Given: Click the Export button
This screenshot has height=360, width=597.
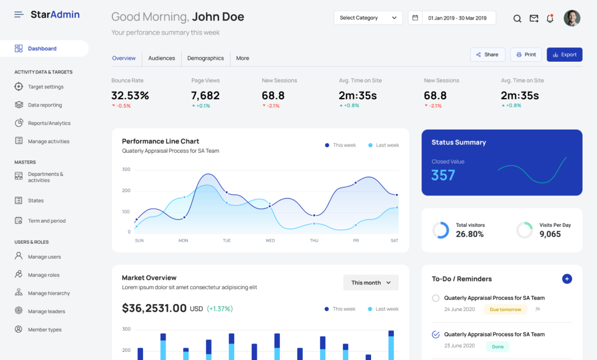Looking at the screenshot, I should click(564, 55).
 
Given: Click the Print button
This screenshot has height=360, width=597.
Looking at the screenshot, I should click(526, 55).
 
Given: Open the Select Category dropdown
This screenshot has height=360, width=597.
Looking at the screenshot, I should click(368, 18).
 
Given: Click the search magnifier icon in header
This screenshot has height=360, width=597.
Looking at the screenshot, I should click(517, 19).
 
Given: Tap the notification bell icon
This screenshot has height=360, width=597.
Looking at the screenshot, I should click(550, 19).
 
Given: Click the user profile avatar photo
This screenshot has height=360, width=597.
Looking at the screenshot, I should click(572, 19).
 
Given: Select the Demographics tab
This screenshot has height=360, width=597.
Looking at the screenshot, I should click(205, 58).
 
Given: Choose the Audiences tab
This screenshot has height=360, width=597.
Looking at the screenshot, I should click(162, 58).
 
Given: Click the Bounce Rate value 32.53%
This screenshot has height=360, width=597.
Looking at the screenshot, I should click(130, 96).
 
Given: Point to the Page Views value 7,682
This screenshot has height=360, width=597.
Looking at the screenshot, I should click(205, 96).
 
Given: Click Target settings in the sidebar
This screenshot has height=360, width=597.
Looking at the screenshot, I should click(46, 87).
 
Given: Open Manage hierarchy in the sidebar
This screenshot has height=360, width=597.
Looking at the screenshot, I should click(49, 293).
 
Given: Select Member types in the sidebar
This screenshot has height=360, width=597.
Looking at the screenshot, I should click(45, 330).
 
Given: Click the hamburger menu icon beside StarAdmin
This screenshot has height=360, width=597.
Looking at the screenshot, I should click(19, 14).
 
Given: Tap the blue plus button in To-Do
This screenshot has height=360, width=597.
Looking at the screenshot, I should click(567, 279).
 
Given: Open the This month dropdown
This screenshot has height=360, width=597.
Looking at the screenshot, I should click(371, 283).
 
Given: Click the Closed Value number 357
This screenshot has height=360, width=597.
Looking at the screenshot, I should click(443, 175).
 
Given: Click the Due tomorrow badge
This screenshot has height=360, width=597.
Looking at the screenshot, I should click(505, 310).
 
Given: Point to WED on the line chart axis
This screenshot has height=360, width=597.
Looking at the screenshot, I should click(270, 241).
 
